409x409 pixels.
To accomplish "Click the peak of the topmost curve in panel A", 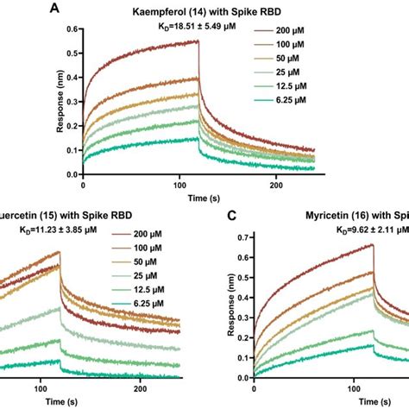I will coord(198,41).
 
